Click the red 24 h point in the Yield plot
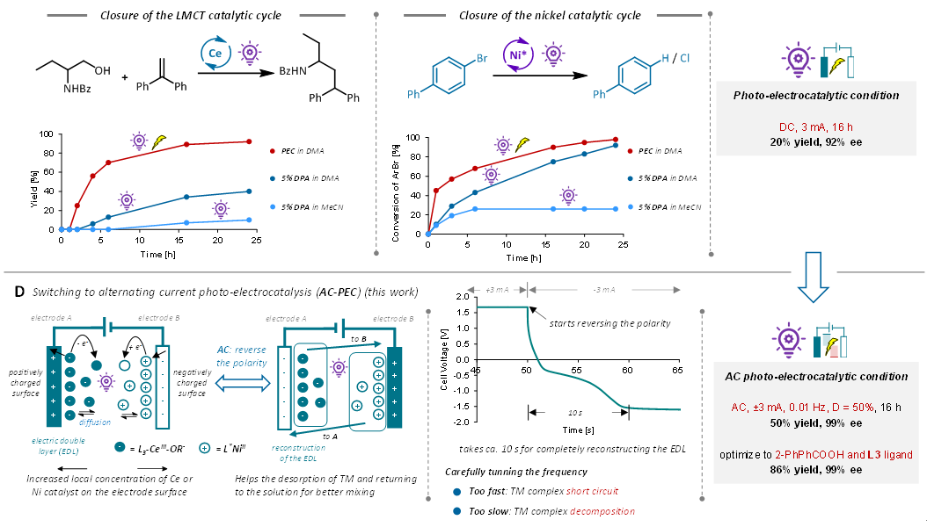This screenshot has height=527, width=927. point(249,141)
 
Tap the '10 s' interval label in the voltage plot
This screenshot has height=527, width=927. point(574,412)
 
